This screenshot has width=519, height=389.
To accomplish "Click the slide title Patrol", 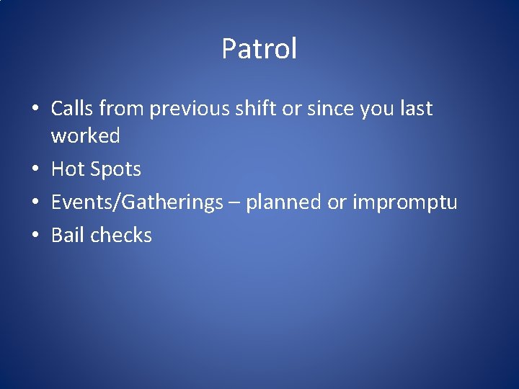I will click(x=259, y=49).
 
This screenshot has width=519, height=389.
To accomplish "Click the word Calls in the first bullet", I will click(x=72, y=109).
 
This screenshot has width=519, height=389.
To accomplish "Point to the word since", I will click(x=327, y=109).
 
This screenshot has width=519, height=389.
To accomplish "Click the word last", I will click(x=414, y=109).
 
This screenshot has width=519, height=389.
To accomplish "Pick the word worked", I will click(x=85, y=135).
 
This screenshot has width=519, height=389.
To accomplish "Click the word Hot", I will click(x=68, y=169).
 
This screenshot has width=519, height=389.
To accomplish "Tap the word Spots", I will click(x=116, y=170).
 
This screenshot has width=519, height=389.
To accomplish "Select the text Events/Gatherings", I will click(x=137, y=203).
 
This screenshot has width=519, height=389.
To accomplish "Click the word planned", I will click(x=284, y=203).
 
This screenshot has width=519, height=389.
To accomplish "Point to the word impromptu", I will click(x=404, y=203).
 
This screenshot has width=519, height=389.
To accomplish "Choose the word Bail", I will click(x=67, y=235).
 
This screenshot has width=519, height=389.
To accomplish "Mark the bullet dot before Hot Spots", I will click(x=35, y=170).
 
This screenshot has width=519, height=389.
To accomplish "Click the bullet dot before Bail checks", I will click(x=35, y=236).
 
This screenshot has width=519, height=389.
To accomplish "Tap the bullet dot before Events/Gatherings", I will click(x=35, y=203).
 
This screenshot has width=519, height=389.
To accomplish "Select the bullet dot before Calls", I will click(x=35, y=109).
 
